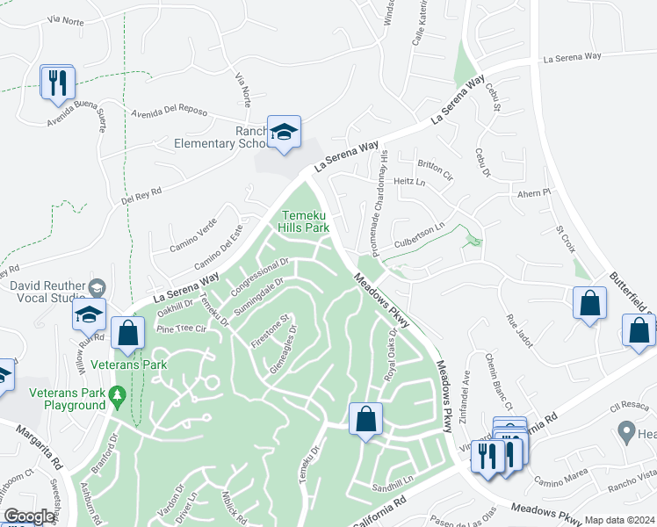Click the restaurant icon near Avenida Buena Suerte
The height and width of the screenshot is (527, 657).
pyautogui.click(x=57, y=83)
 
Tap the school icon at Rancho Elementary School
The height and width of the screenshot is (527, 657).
pyautogui.click(x=284, y=133)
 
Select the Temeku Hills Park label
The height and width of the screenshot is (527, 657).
pyautogui.click(x=304, y=221)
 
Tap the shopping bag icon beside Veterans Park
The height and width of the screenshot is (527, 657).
pyautogui.click(x=128, y=333)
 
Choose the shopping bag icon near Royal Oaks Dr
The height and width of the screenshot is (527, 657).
pyautogui.click(x=365, y=419)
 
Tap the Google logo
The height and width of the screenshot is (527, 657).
pyautogui.click(x=29, y=516)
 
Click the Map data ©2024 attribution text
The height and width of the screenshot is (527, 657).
pyautogui.click(x=620, y=520)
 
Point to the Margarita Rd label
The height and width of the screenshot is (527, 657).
pyautogui.click(x=42, y=445)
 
